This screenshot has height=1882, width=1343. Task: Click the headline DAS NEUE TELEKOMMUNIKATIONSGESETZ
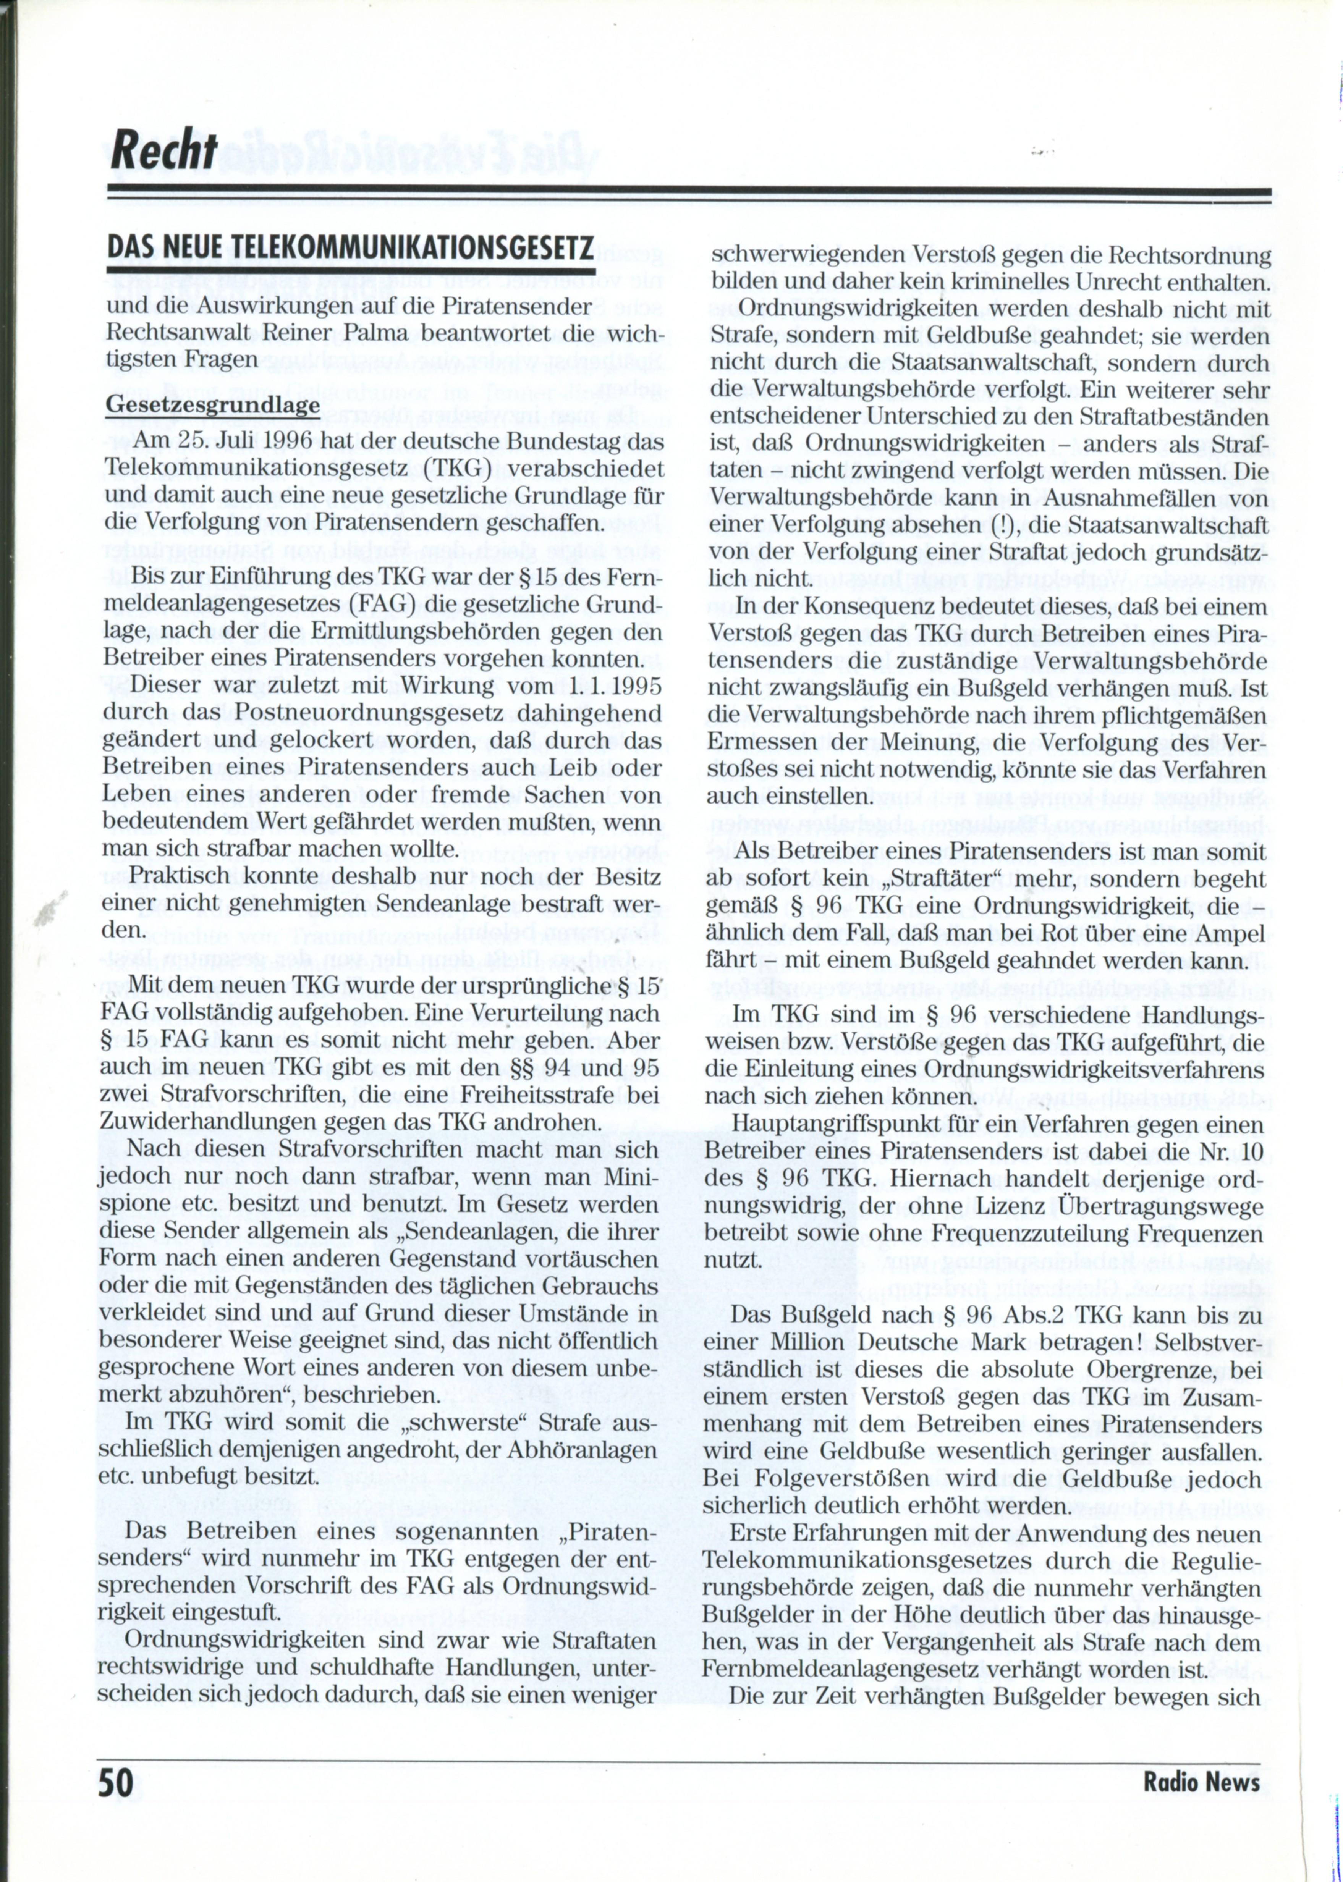[x=351, y=249]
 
